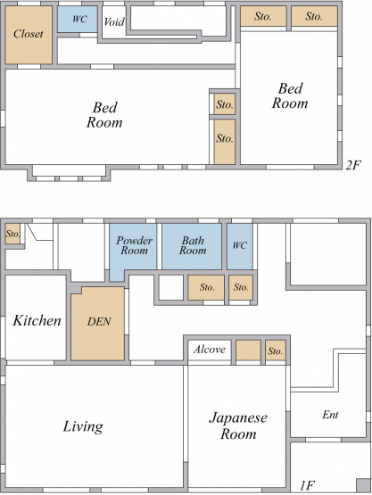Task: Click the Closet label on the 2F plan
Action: click(x=29, y=34)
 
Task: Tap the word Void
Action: click(x=114, y=22)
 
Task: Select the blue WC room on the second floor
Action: click(x=78, y=19)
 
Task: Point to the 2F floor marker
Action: click(x=352, y=165)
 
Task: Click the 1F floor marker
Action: click(x=307, y=485)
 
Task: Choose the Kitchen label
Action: click(x=37, y=320)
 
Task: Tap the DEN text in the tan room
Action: click(x=99, y=322)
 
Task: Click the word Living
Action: click(x=83, y=427)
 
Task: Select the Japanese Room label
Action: click(x=238, y=425)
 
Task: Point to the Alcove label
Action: click(x=210, y=349)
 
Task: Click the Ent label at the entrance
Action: click(x=330, y=415)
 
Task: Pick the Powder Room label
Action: click(x=134, y=245)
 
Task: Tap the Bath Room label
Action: click(x=193, y=245)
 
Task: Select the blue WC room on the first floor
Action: click(x=240, y=246)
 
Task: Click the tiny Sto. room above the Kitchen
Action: click(x=12, y=234)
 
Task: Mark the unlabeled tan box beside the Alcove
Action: click(x=249, y=351)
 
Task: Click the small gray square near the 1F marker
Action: click(x=363, y=484)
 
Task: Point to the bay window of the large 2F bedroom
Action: click(x=69, y=173)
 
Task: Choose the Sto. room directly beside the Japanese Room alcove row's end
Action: click(x=276, y=351)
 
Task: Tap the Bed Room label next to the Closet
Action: click(x=104, y=115)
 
